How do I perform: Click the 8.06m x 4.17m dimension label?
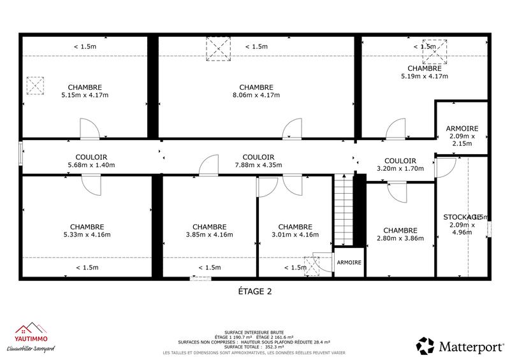click(x=256, y=96)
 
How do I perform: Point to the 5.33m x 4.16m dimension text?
click(x=87, y=234)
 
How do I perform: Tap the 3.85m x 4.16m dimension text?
click(x=208, y=234)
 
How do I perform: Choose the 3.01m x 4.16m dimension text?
click(x=295, y=234)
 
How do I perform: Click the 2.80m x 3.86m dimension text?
click(x=400, y=238)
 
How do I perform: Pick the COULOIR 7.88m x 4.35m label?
click(x=258, y=161)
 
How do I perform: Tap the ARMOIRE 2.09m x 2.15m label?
click(x=462, y=136)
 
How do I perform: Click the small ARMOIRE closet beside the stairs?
click(x=349, y=263)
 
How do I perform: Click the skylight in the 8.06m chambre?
click(x=217, y=49)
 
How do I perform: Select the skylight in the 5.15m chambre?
click(x=34, y=85)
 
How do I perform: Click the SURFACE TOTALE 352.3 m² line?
click(x=254, y=347)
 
